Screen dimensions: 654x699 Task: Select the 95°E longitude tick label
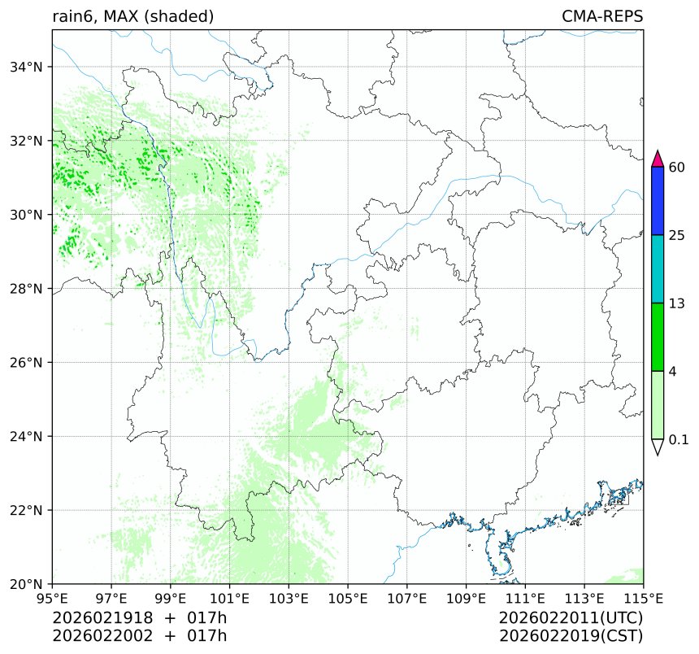tap(53, 599)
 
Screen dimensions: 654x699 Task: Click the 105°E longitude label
tap(348, 599)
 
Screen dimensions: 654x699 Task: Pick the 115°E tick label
tap(644, 599)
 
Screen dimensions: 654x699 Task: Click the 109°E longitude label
tap(467, 599)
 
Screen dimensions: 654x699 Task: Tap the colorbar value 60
tap(676, 168)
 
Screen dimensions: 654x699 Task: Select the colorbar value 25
tap(676, 236)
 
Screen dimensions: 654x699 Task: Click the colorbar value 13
tap(676, 303)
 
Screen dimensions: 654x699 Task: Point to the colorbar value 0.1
tap(679, 440)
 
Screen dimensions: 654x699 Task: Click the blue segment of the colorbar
tap(658, 201)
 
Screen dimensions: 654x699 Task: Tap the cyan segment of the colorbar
tap(658, 269)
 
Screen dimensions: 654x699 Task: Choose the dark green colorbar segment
tap(658, 337)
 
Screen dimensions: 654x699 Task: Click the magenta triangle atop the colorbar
tap(658, 158)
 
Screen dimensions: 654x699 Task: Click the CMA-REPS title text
tap(602, 16)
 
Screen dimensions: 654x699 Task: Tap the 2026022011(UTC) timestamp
tap(571, 618)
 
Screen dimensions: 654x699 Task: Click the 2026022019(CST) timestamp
tap(571, 635)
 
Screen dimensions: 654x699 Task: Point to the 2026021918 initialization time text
tap(97, 618)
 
